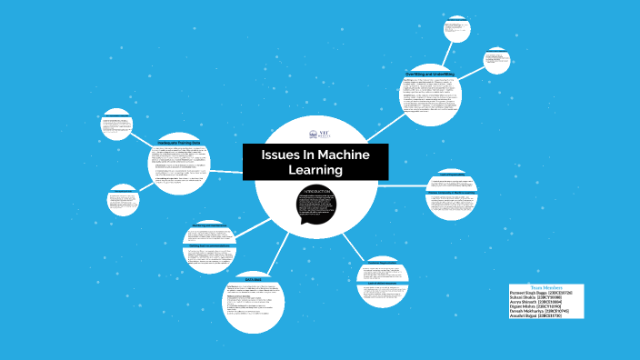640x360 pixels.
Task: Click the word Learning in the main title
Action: coord(315,170)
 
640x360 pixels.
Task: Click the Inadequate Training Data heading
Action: coord(179,143)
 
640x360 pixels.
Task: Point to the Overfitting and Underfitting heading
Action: coord(430,73)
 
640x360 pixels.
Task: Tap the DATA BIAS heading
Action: coord(253,278)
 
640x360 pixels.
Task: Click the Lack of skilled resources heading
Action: coord(452,174)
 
